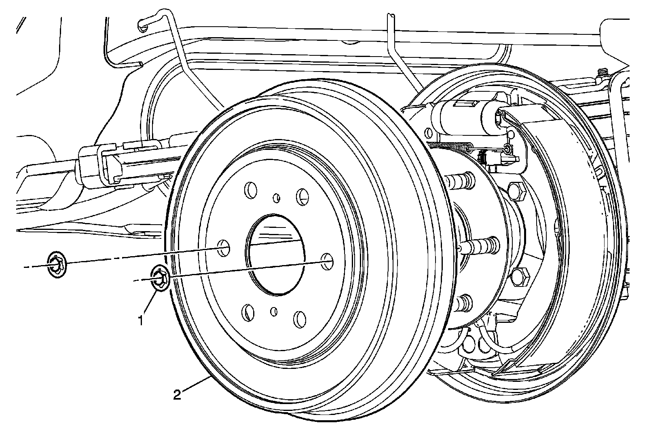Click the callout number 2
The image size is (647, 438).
pyautogui.click(x=177, y=394)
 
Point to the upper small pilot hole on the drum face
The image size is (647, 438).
pyautogui.click(x=277, y=198)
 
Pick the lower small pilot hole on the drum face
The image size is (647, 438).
pyautogui.click(x=274, y=311)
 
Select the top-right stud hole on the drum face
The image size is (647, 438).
pyautogui.click(x=302, y=196)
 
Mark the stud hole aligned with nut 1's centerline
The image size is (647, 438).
pyautogui.click(x=326, y=261)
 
